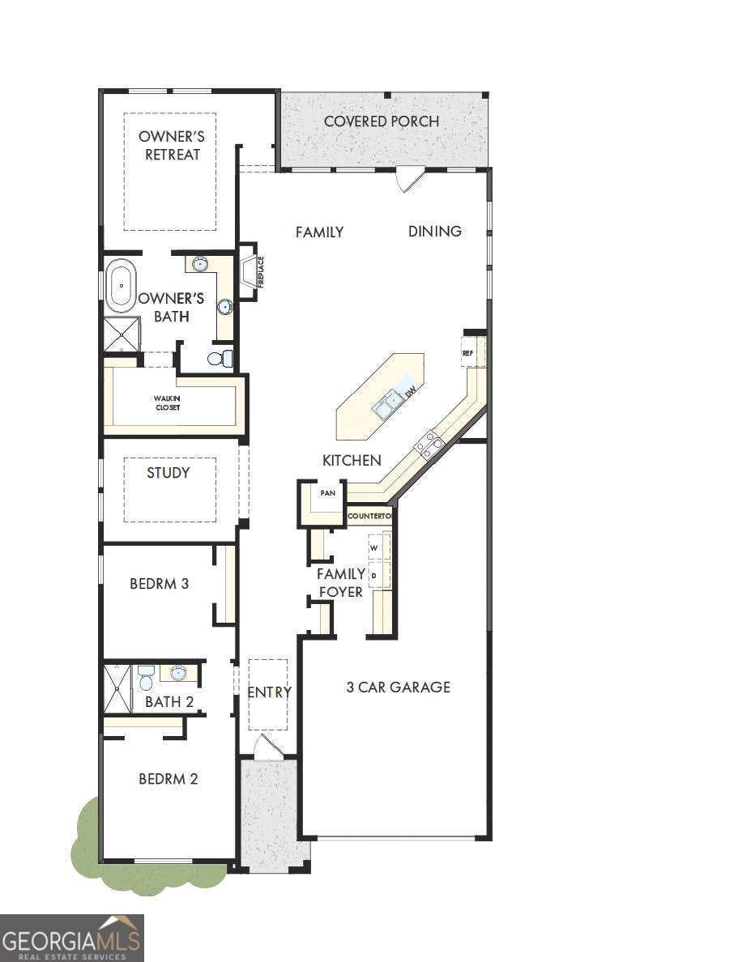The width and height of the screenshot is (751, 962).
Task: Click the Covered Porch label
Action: (382, 121)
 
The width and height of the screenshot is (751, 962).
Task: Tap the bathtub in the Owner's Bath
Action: (122, 286)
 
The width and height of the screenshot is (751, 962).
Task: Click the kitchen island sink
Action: (387, 402)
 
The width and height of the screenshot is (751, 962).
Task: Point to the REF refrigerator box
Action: (468, 353)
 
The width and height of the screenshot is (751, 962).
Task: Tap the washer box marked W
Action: (376, 547)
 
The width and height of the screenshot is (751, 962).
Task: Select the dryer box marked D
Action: (376, 575)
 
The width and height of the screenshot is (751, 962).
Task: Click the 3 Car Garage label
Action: (398, 687)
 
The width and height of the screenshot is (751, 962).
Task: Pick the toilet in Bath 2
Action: (146, 678)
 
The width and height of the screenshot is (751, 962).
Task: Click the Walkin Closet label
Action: (168, 402)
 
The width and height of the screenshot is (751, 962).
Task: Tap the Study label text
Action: (168, 473)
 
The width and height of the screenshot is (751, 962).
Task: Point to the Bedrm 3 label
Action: (159, 583)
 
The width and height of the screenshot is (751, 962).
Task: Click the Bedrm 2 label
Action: (169, 779)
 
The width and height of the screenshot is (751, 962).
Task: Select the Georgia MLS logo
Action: (72, 938)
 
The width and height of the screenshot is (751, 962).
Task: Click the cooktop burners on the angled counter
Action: (428, 445)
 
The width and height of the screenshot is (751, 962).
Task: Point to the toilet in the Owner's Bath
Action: (219, 357)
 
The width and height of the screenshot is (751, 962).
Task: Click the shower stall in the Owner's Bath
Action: (122, 334)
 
